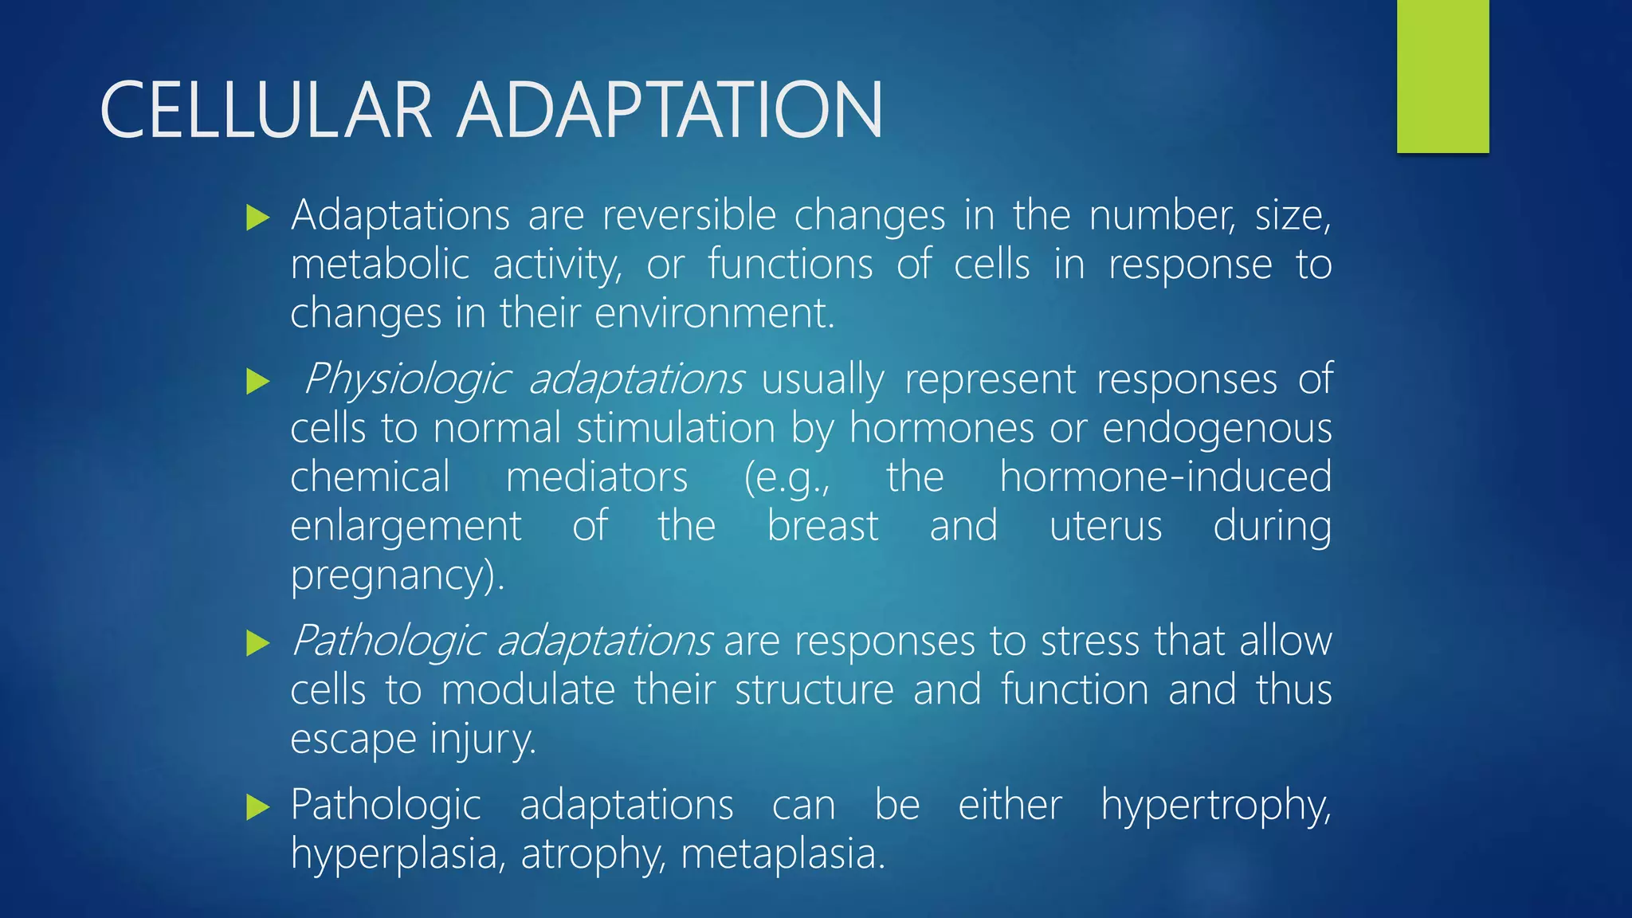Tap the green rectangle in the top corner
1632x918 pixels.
1442,76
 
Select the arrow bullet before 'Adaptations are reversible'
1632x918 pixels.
258,218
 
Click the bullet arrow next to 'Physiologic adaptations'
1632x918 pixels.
258,381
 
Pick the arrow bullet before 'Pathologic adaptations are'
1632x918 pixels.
258,642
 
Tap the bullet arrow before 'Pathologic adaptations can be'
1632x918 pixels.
258,806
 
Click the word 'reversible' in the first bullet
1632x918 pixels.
688,215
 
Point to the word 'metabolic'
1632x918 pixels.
379,265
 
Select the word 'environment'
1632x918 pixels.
713,313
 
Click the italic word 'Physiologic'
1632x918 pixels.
406,379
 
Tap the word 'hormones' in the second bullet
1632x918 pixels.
940,428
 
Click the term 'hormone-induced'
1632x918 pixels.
1165,477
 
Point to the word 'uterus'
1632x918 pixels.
1105,527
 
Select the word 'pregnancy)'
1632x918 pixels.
396,576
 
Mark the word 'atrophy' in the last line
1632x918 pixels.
593,855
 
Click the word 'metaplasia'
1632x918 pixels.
783,854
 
